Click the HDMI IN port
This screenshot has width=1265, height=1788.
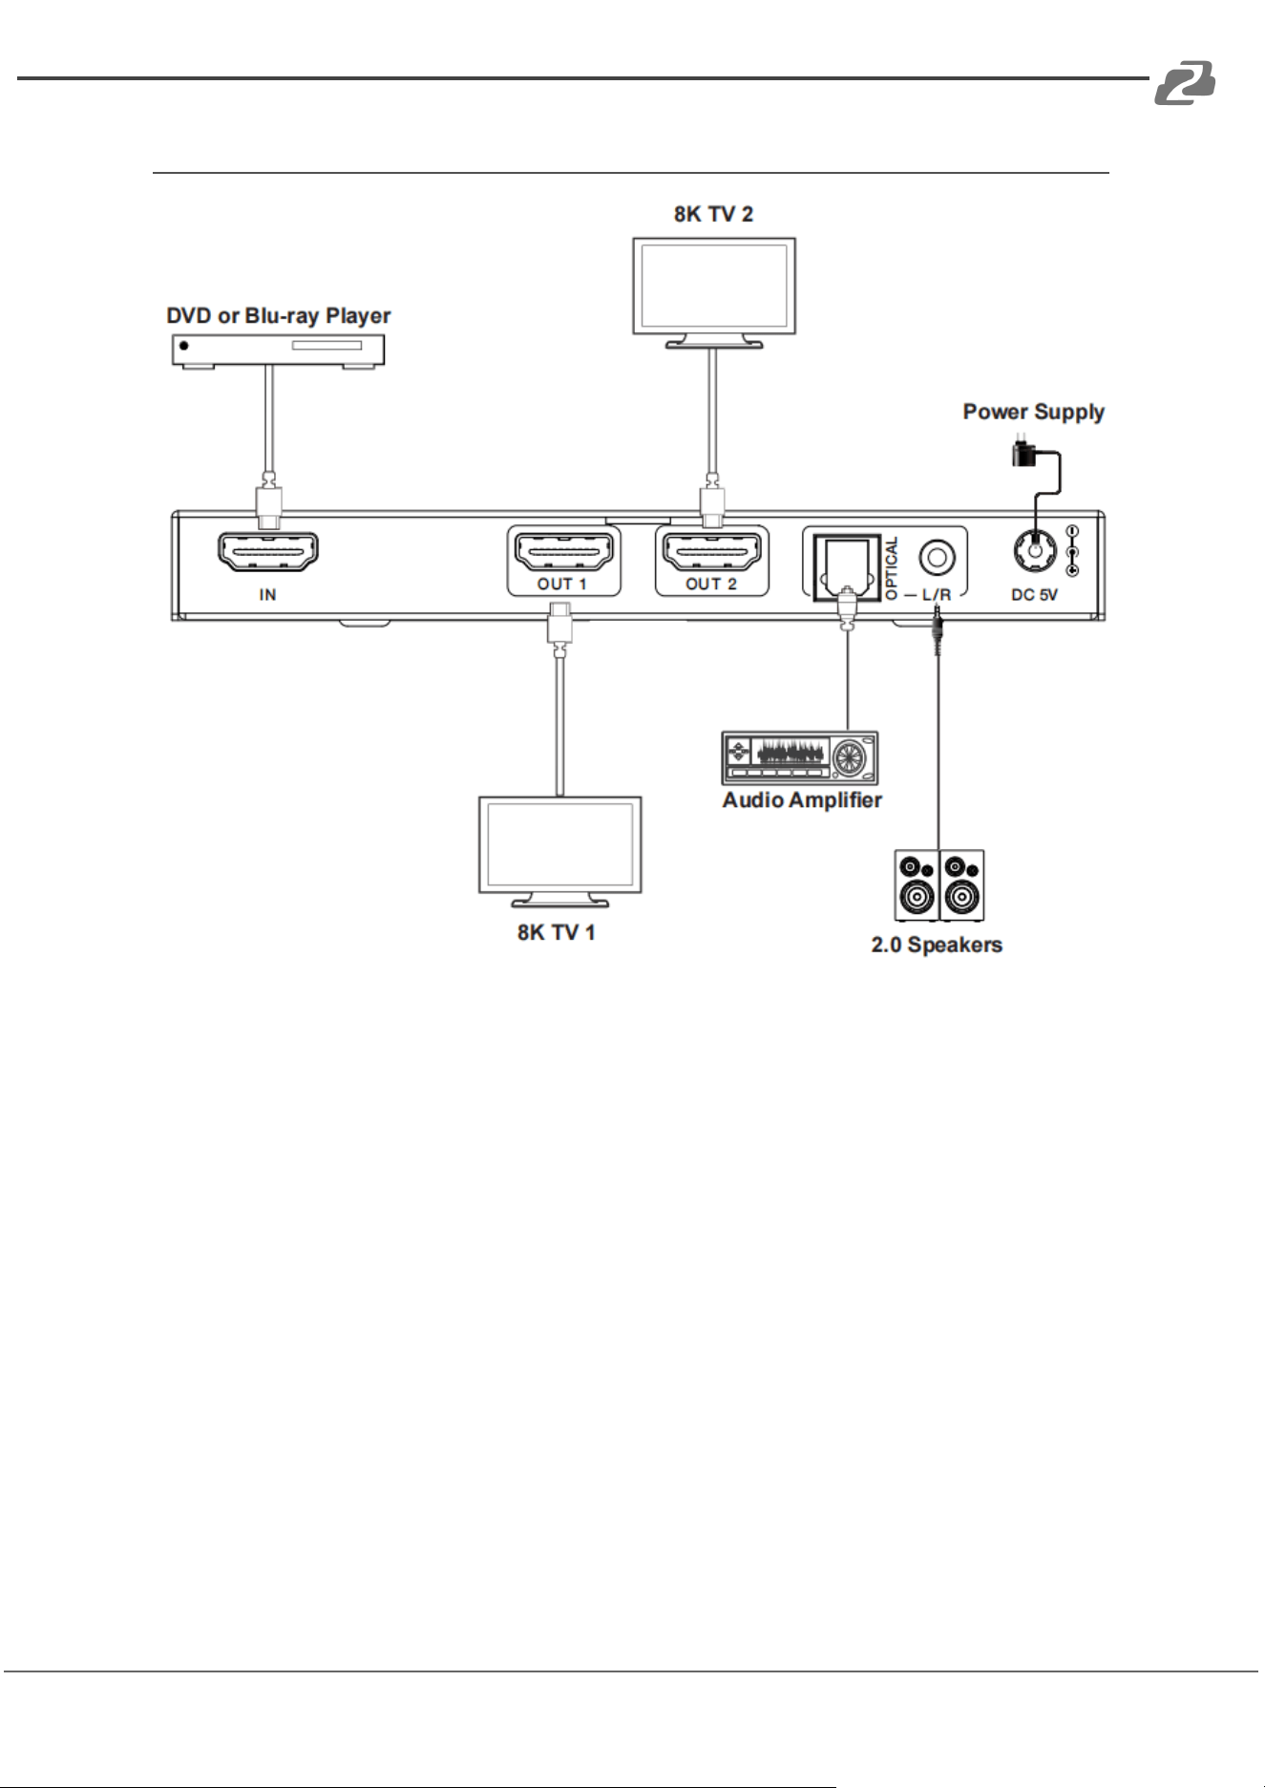pos(268,552)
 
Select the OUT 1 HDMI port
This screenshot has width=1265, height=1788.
pos(563,551)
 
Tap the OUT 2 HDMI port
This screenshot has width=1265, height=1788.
pos(712,551)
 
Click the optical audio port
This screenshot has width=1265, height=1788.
pos(847,567)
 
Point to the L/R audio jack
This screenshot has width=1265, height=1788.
pos(937,557)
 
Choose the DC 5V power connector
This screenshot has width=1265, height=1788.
pos(1035,550)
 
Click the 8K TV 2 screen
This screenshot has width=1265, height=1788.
pos(714,286)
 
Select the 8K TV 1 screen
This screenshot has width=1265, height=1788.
pos(560,844)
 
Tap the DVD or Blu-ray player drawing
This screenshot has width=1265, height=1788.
pos(278,351)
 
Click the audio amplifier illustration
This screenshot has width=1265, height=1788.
pos(800,758)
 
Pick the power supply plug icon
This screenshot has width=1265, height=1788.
pos(1024,453)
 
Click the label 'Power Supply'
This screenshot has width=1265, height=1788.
pos(1034,412)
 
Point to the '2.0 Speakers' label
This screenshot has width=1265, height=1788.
pos(937,945)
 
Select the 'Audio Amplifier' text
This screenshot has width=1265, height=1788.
pos(802,800)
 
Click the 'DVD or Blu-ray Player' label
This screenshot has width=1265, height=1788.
pos(279,316)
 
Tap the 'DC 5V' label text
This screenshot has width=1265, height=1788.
pos(1035,595)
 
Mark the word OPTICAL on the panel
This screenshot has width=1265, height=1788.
pos(892,568)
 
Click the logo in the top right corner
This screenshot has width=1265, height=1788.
pos(1185,82)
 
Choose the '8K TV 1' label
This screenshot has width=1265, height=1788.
pos(557,932)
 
